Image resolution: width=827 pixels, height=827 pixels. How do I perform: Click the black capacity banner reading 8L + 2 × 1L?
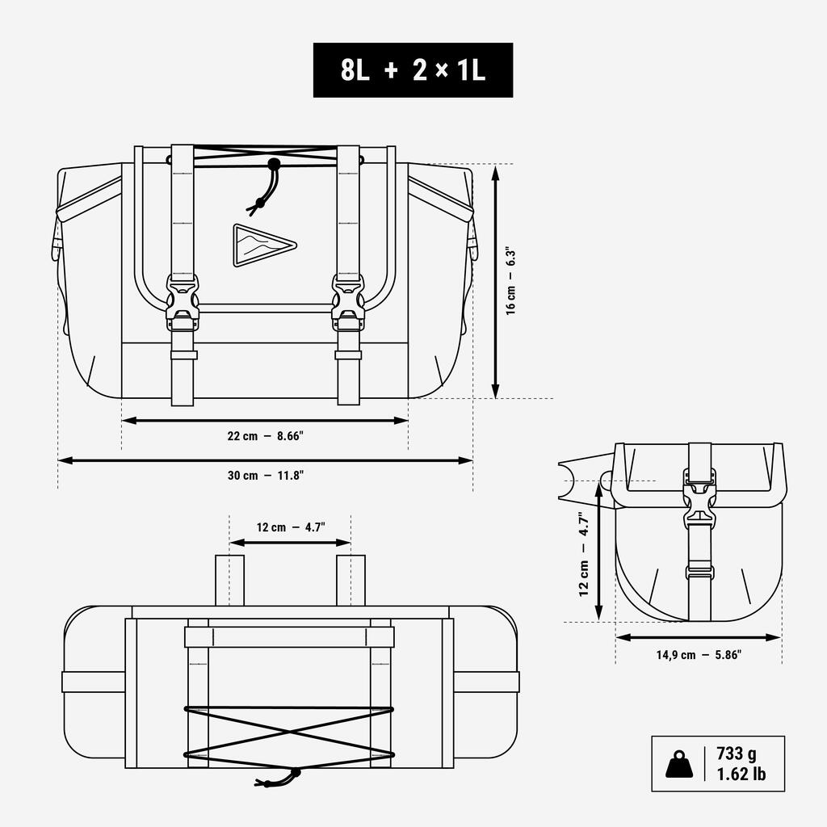(413, 70)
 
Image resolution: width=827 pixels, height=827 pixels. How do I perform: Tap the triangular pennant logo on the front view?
(264, 246)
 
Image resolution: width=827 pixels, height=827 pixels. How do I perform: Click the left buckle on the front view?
(183, 303)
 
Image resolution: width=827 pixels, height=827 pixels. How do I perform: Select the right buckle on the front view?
(348, 303)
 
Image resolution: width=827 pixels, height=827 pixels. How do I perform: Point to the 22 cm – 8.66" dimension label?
(265, 436)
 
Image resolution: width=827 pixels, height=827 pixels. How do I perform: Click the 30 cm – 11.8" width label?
(265, 475)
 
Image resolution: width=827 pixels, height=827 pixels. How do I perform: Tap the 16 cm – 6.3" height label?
(510, 280)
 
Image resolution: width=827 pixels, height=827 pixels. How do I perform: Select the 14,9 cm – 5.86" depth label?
(699, 655)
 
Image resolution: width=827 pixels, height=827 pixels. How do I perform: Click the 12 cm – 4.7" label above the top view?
(291, 527)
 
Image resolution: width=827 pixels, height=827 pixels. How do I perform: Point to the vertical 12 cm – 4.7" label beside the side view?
(583, 554)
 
